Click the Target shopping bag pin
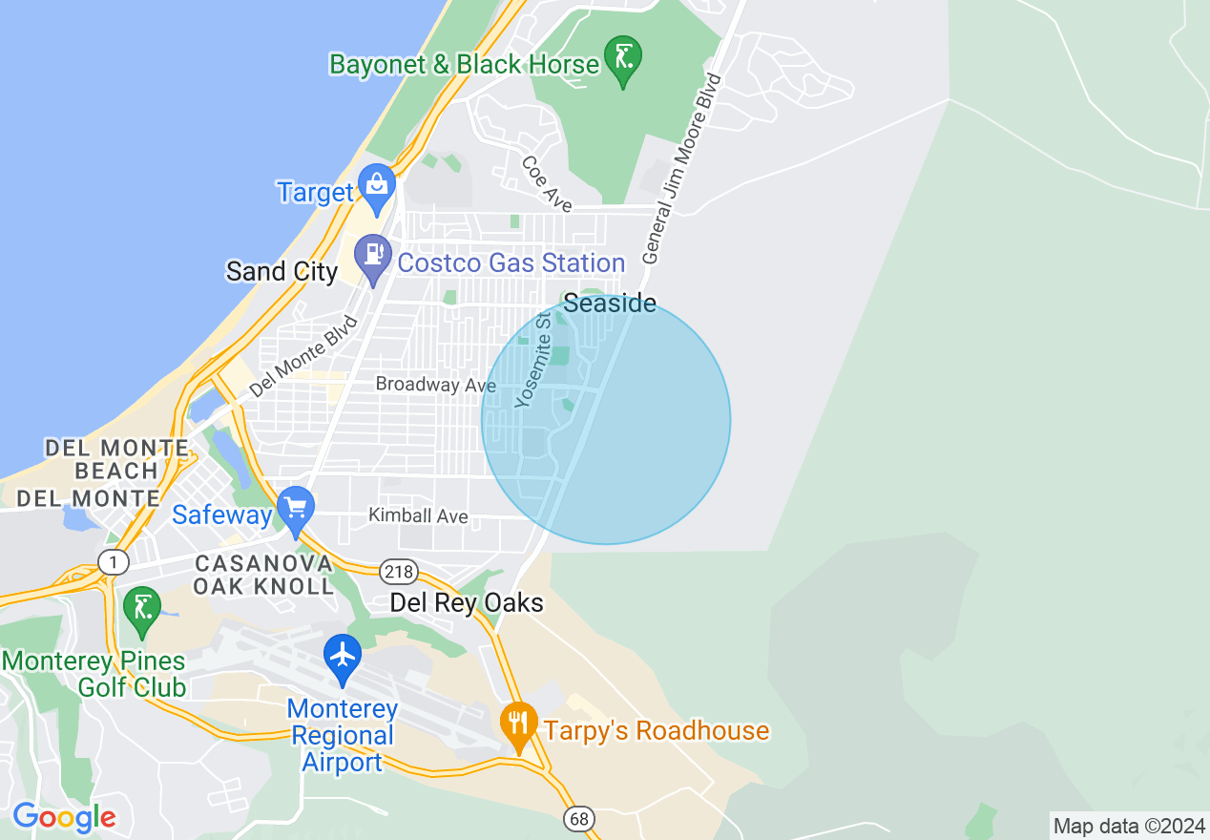tap(377, 187)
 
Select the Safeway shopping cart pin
tap(296, 510)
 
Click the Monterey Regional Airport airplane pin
tap(342, 658)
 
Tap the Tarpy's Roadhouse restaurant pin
tap(518, 726)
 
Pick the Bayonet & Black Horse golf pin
tap(623, 60)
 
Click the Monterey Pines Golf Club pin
tap(142, 610)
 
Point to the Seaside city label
tap(609, 304)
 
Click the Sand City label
tap(282, 271)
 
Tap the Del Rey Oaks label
tap(467, 603)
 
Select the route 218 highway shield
tap(398, 572)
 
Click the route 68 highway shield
tap(578, 818)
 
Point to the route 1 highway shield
tap(114, 562)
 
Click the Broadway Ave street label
tap(435, 385)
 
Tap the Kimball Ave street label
tap(418, 516)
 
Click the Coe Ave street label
tap(547, 183)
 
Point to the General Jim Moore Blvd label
tap(682, 168)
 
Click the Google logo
tap(64, 817)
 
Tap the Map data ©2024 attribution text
tap(1129, 826)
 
